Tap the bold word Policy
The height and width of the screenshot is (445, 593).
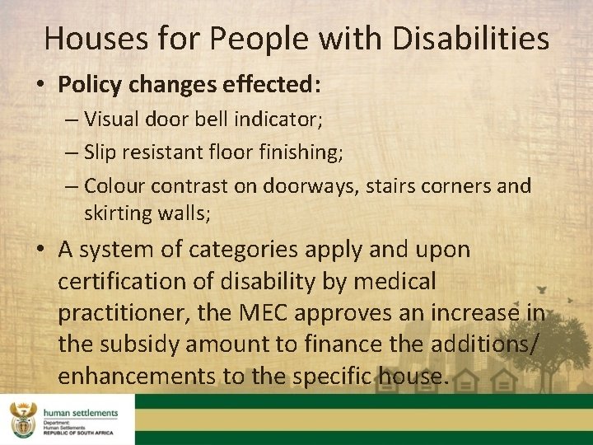click(87, 85)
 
